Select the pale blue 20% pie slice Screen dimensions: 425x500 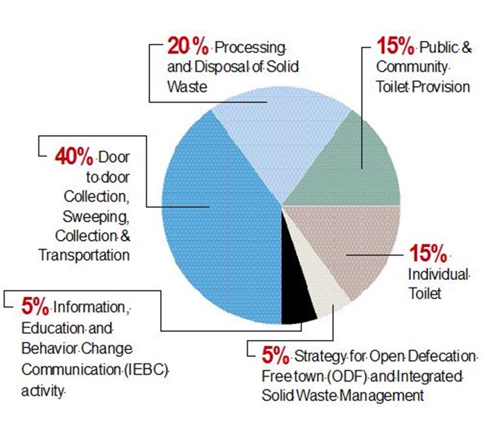pos(277,138)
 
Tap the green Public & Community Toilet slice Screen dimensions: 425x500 pos(356,165)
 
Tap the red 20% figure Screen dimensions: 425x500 pos(188,46)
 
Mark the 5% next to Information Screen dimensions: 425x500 pos(34,306)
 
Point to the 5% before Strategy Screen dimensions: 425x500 pos(275,356)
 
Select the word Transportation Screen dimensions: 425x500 pos(84,254)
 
